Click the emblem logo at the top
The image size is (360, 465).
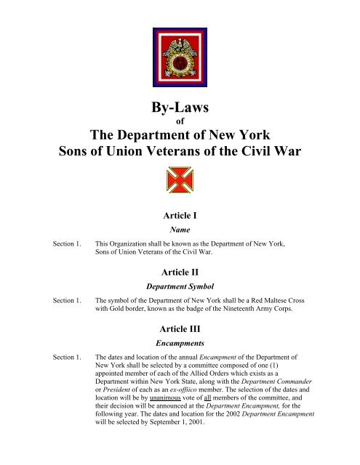click(x=180, y=57)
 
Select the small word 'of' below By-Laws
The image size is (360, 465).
click(x=180, y=123)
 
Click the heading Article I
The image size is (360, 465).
click(x=180, y=215)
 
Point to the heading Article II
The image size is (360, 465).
click(x=180, y=272)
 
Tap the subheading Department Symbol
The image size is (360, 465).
click(x=180, y=286)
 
